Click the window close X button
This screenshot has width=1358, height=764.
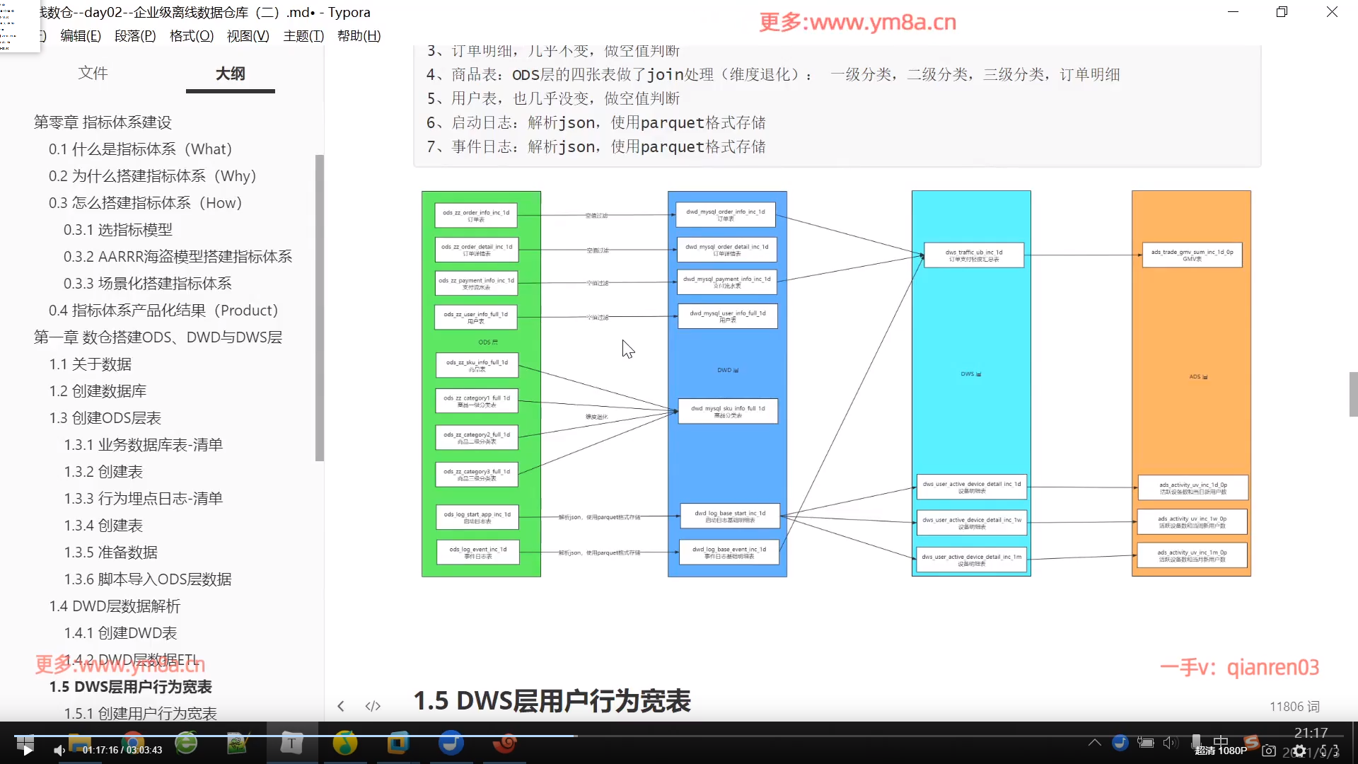click(x=1332, y=12)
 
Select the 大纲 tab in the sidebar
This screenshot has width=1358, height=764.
click(x=230, y=74)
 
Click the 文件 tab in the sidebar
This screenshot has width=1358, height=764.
click(x=93, y=74)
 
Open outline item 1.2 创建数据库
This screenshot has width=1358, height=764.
click(x=98, y=391)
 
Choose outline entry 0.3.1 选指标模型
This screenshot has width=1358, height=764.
click(x=117, y=230)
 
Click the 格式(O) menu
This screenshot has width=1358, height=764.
click(x=192, y=36)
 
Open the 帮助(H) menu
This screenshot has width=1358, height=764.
click(x=359, y=36)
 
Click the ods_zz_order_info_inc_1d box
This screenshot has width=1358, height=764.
click(x=476, y=216)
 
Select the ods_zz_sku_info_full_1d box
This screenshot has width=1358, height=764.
click(x=477, y=365)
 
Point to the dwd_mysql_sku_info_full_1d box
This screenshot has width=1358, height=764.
click(x=728, y=411)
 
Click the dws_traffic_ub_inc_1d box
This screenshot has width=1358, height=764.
click(x=974, y=255)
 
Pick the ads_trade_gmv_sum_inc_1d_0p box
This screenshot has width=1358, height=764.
click(x=1192, y=255)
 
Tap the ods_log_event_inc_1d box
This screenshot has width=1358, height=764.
click(x=478, y=552)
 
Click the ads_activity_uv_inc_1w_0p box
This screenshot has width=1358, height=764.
click(x=1192, y=522)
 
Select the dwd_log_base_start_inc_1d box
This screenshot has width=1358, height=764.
click(x=730, y=516)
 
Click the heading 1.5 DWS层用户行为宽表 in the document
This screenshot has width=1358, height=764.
click(x=552, y=701)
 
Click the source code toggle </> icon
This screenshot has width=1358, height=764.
click(x=373, y=706)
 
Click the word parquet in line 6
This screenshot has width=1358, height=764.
click(x=672, y=123)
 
